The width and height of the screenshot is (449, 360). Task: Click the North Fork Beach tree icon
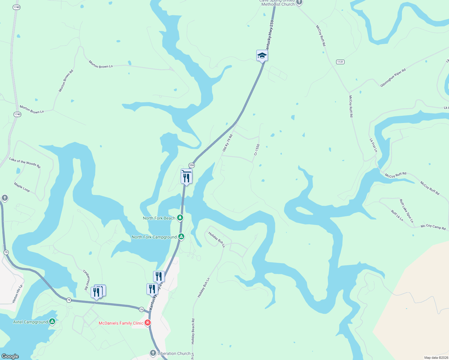180,218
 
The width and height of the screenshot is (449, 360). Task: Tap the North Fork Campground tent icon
181,237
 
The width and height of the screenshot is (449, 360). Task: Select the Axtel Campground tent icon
52,322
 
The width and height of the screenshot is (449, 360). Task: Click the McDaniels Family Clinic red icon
147,323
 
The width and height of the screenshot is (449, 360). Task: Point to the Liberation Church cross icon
153,353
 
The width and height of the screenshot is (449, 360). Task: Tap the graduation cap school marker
262,55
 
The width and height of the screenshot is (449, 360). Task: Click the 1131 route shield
340,62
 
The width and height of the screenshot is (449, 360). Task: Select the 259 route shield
191,165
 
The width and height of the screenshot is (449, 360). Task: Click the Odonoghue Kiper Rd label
393,78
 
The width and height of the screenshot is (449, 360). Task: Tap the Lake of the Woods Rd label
25,163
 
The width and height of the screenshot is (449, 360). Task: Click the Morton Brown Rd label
66,81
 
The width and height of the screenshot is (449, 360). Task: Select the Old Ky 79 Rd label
228,143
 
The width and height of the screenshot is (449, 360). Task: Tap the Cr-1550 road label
257,150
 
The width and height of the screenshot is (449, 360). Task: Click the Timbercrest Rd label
86,280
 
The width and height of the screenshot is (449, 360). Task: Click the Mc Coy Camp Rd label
433,227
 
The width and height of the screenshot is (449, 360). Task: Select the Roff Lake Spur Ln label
406,211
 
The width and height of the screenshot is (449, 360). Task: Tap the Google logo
10,356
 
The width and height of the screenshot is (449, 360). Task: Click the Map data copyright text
435,358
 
